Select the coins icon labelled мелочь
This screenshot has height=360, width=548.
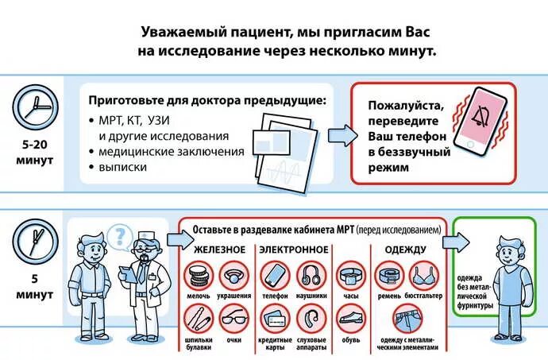(199, 277)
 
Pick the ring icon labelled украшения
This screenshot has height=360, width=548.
(233, 277)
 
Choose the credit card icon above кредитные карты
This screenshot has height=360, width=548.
(276, 321)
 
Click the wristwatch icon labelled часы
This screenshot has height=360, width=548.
(349, 277)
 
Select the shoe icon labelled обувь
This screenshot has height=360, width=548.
(349, 321)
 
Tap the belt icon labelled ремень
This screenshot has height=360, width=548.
(389, 277)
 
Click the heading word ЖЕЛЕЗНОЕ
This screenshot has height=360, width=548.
(215, 250)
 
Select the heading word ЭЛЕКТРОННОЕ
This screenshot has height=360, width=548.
(293, 250)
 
